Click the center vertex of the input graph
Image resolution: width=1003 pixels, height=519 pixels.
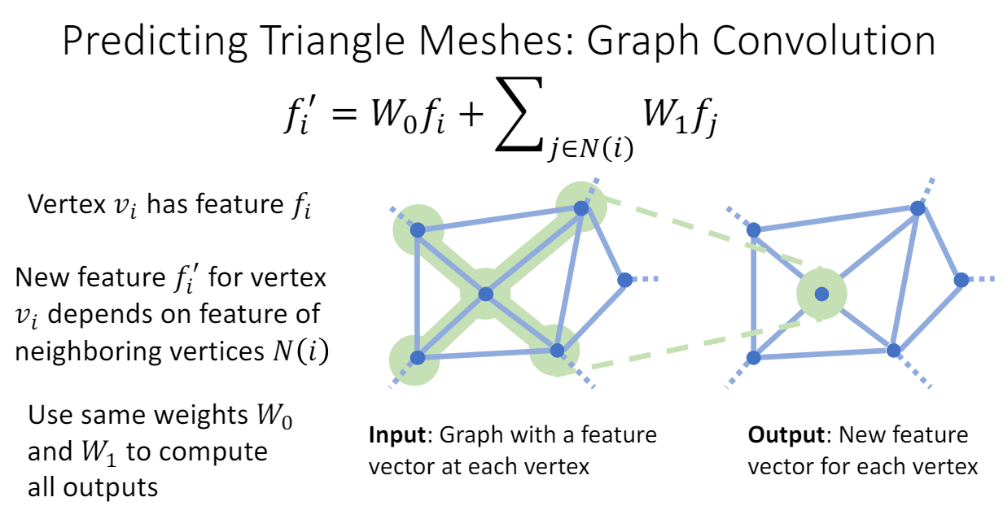485,294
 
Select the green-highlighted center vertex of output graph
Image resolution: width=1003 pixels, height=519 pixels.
821,294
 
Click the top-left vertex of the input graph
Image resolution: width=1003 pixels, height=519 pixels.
417,230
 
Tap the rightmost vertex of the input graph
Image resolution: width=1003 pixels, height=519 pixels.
624,280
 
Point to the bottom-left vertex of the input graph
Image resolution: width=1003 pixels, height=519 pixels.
417,357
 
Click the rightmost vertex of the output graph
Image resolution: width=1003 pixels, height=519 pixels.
961,280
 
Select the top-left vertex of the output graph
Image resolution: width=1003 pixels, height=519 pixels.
754,230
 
